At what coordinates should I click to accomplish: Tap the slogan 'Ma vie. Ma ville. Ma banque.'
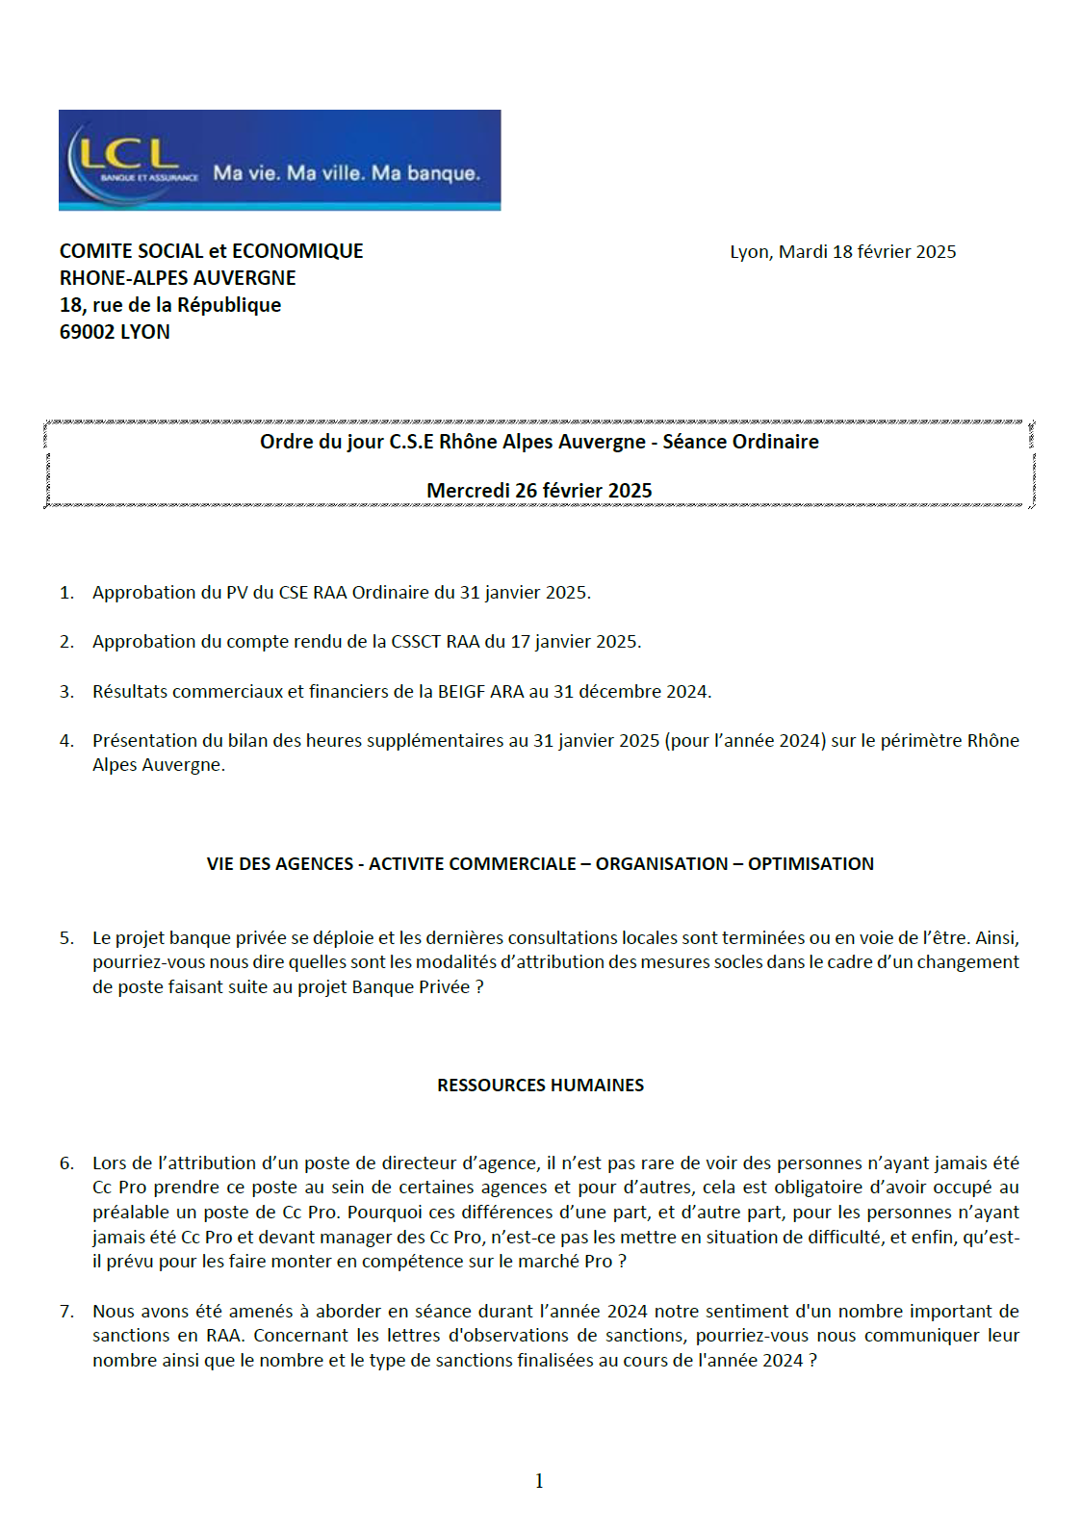coord(347,173)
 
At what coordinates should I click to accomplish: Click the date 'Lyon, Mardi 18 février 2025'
coord(842,252)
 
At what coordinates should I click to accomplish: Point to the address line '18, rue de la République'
coord(170,305)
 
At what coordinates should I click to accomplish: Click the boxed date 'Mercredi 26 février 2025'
coord(539,491)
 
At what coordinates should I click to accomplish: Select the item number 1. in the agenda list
coord(66,593)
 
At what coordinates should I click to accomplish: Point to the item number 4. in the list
coord(66,741)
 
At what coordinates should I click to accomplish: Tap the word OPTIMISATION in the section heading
coord(811,864)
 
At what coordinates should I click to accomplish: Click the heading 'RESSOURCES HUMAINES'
coord(540,1086)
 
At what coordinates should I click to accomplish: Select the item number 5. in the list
coord(66,938)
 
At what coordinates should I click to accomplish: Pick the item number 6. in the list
coord(66,1163)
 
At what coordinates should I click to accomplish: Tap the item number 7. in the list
coord(66,1312)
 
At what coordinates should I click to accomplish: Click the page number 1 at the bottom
coord(539,1481)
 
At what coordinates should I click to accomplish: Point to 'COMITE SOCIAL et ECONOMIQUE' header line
coord(211,251)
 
